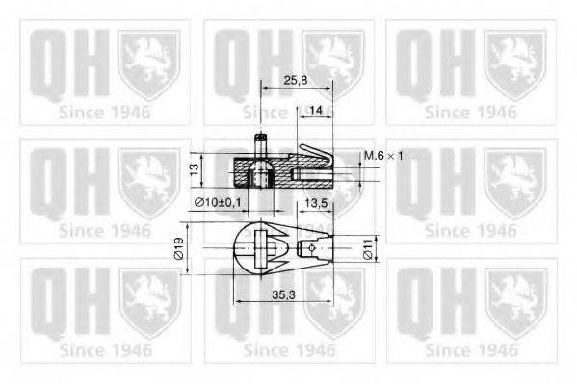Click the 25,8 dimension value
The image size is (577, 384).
(x=297, y=82)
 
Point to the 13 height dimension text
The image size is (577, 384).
(x=194, y=169)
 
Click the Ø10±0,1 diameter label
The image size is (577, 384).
(x=216, y=201)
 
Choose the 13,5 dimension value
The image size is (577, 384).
(x=318, y=203)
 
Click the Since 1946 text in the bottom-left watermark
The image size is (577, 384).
(x=104, y=348)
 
